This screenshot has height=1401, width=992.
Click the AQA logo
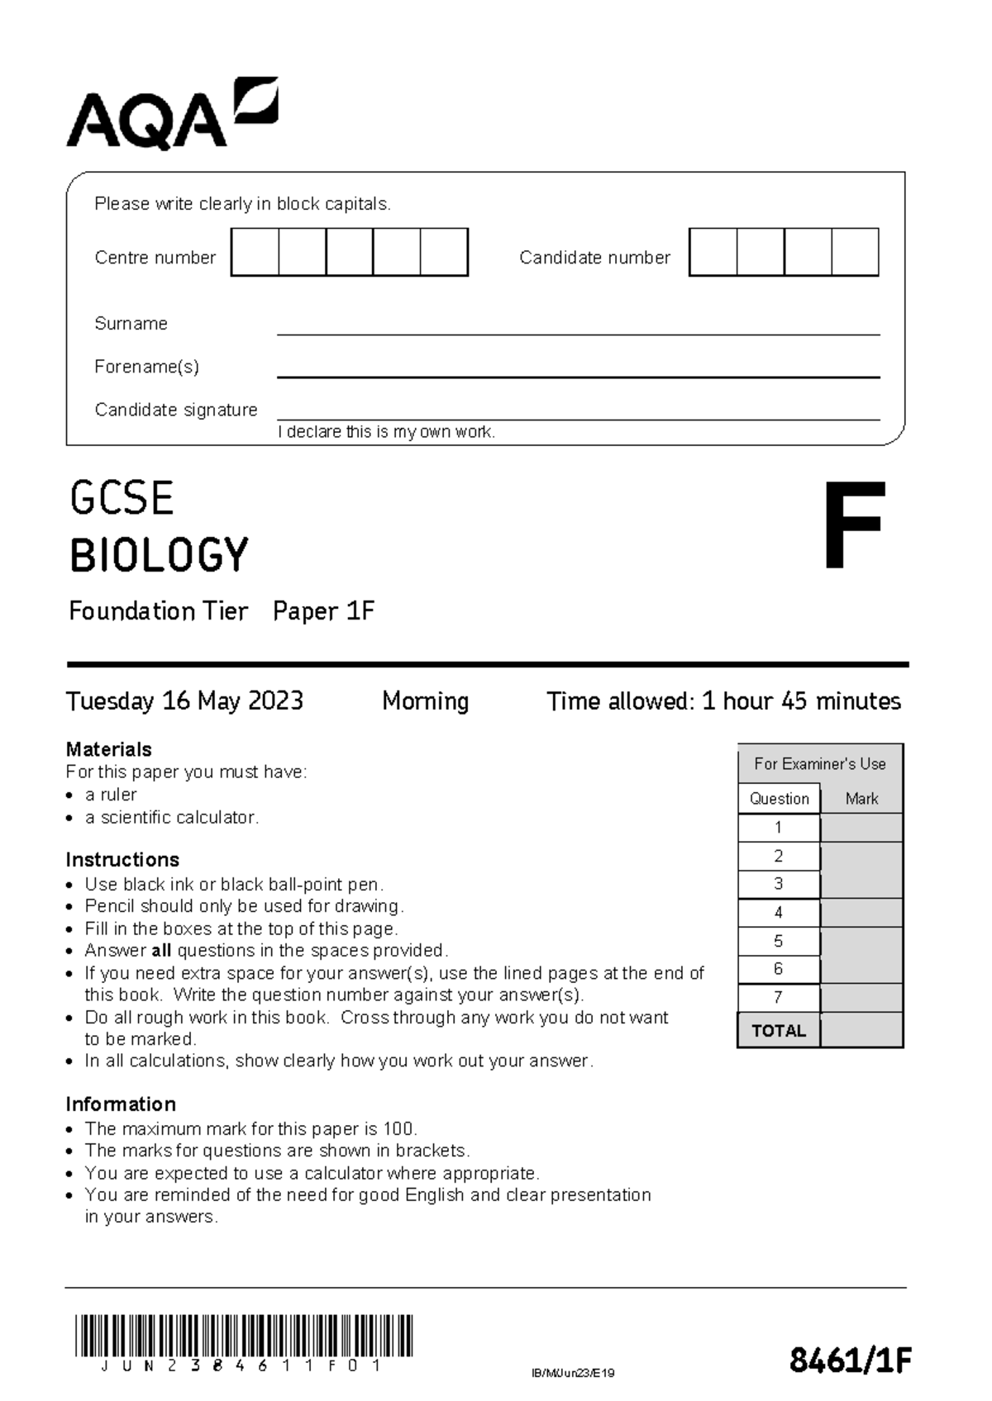click(x=172, y=115)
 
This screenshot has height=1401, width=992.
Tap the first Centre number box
click(x=255, y=252)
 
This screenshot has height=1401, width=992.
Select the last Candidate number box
click(x=855, y=252)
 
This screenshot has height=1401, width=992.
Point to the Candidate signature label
click(x=176, y=410)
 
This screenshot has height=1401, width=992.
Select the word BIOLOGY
click(x=159, y=555)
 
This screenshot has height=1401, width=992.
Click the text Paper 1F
click(x=323, y=611)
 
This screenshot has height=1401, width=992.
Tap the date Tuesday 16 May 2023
click(x=184, y=701)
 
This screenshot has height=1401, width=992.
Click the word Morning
click(x=425, y=701)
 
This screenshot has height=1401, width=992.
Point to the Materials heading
click(x=108, y=749)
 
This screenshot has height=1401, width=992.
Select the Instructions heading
click(x=122, y=859)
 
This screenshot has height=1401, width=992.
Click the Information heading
click(x=121, y=1104)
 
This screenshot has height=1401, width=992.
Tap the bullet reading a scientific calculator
click(x=172, y=817)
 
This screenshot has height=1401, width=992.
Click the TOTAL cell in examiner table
click(x=778, y=1031)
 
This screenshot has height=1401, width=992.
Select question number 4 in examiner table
click(x=778, y=913)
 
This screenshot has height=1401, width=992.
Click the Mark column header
click(x=861, y=799)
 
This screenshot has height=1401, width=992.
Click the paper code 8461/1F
click(x=849, y=1360)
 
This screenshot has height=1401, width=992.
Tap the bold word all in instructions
click(x=161, y=951)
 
